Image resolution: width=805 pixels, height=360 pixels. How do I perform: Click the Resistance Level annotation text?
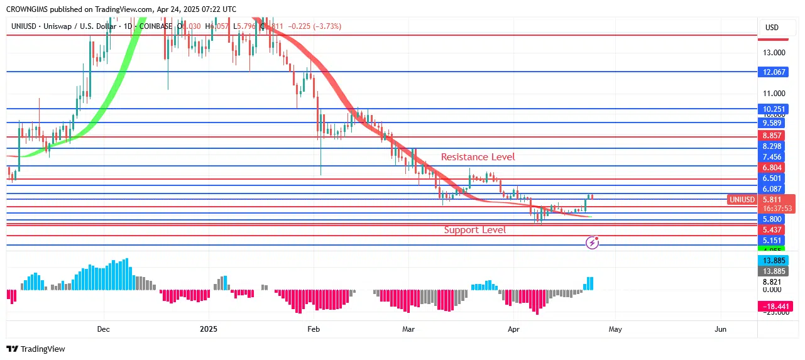click(478, 157)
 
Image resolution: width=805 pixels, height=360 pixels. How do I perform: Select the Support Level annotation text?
click(474, 230)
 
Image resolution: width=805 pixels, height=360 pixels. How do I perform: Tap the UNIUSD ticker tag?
click(742, 200)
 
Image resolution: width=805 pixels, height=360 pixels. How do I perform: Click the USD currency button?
click(771, 28)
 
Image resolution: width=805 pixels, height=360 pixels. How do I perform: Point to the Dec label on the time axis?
click(104, 329)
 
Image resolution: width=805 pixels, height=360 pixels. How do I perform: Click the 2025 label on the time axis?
click(208, 329)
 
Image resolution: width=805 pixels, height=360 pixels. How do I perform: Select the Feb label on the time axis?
click(314, 329)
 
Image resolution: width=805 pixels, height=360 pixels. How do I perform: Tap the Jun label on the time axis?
click(720, 329)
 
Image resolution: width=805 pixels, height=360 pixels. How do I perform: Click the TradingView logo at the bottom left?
click(36, 349)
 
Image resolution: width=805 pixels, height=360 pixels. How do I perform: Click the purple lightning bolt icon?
click(592, 242)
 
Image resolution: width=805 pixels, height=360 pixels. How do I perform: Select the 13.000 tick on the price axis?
click(774, 53)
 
